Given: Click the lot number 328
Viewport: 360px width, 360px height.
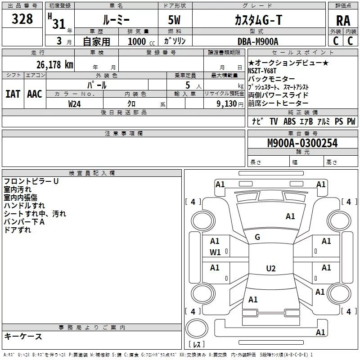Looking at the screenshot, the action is click(22, 19).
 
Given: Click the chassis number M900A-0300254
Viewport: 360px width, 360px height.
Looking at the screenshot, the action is click(302, 143).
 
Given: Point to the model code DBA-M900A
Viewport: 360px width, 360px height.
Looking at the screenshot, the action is click(258, 41).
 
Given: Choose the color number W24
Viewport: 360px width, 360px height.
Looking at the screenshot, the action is click(74, 103).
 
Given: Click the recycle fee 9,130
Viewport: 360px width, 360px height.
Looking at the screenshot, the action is click(227, 103).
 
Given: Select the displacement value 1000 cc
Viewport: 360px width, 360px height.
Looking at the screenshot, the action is click(140, 41).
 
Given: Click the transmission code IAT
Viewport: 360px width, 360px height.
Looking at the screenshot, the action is click(13, 94).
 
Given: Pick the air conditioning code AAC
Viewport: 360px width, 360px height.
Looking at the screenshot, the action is click(34, 94).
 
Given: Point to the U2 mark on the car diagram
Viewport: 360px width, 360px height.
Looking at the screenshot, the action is click(270, 269).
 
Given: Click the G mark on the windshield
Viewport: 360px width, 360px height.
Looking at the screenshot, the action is click(257, 237).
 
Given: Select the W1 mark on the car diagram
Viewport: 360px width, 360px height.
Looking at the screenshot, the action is click(215, 252).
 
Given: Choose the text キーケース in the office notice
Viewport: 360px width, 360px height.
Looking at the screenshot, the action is click(23, 337).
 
